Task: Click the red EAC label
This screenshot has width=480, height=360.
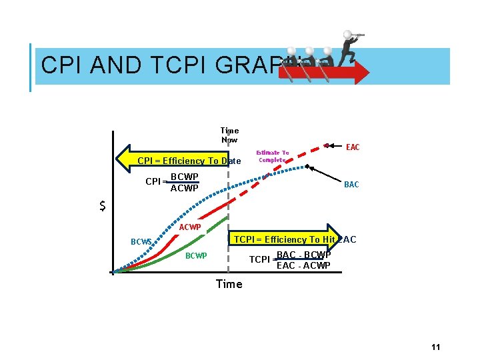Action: [353, 147]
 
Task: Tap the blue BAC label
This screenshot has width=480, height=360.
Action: [351, 185]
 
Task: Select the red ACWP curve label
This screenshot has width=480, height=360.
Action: [190, 228]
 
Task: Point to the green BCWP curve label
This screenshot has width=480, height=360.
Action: [196, 256]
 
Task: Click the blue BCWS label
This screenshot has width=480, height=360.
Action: [141, 242]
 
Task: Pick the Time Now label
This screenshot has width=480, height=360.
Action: [229, 135]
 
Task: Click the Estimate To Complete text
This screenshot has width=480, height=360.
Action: [272, 156]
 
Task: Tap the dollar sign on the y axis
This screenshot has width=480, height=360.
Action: [102, 206]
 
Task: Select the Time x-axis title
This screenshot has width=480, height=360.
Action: [229, 284]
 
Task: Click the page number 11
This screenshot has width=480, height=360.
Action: [436, 347]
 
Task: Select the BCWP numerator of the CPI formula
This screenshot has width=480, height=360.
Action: [184, 177]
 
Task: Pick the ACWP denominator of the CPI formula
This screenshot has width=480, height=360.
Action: [184, 189]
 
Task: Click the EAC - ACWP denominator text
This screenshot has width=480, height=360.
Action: [303, 265]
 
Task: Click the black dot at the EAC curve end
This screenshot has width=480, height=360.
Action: [327, 144]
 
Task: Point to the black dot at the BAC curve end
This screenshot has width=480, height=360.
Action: [307, 166]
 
